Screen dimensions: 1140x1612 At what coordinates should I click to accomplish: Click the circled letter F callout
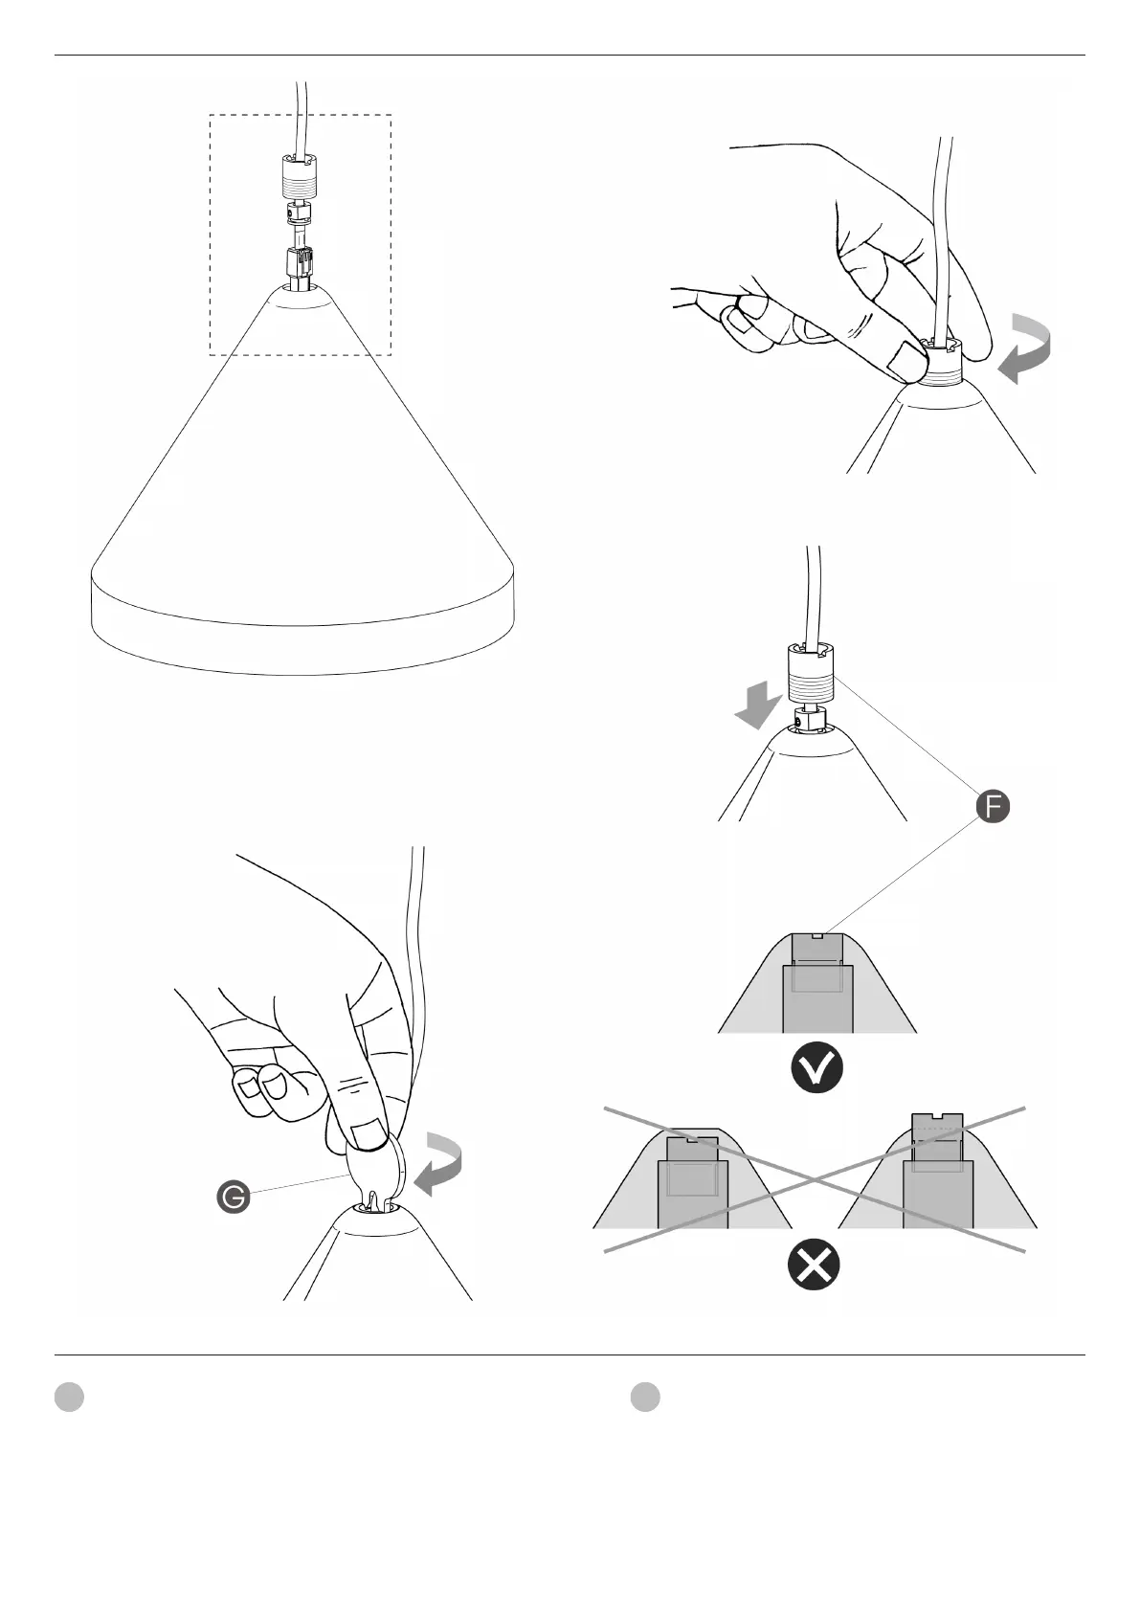[x=993, y=807]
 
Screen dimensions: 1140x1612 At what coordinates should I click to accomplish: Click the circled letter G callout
[x=233, y=1197]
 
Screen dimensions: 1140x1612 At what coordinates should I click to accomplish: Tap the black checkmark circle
[x=816, y=1071]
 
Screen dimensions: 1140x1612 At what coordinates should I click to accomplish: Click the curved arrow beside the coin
[x=439, y=1162]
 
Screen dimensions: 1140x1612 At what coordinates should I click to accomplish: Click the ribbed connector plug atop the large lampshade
[x=299, y=266]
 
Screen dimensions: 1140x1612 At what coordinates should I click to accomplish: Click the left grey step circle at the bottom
[x=69, y=1397]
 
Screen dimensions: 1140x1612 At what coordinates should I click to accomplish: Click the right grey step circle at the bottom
[x=645, y=1397]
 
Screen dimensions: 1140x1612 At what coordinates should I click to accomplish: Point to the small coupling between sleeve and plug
[x=299, y=215]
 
